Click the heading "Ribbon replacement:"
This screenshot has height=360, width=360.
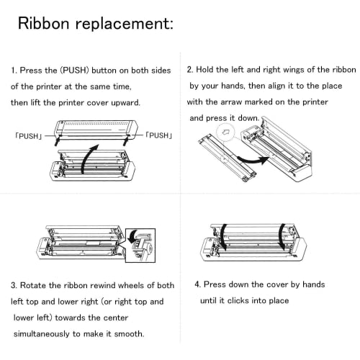[x=95, y=24]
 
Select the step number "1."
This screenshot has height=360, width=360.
[x=14, y=71]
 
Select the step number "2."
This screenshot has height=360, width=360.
[x=190, y=71]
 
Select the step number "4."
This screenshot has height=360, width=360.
[x=197, y=283]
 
